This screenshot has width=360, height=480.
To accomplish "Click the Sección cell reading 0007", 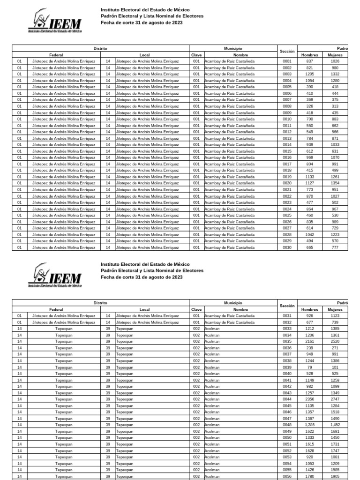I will (x=287, y=100).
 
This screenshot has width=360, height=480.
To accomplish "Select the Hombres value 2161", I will (x=309, y=342).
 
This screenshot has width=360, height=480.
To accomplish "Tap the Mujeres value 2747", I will (x=335, y=399).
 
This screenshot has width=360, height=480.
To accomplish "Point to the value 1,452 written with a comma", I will (x=335, y=425).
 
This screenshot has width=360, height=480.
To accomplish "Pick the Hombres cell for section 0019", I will (x=309, y=177).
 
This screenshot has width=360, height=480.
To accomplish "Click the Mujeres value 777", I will (x=335, y=247).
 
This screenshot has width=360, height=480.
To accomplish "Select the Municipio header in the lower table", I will (x=233, y=303).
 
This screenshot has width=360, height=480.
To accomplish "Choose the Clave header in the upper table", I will (x=196, y=55).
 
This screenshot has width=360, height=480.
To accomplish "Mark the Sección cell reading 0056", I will (x=287, y=476).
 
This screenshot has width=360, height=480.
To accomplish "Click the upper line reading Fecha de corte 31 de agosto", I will (x=142, y=22).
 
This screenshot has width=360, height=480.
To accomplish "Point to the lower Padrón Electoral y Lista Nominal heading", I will (x=152, y=270).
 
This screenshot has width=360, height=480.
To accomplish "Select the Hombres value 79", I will (x=309, y=367).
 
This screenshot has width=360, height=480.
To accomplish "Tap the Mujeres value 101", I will (x=335, y=367).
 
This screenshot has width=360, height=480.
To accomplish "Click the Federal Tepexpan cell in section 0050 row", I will (x=64, y=437).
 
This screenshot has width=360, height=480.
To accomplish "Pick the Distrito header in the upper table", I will (x=100, y=48).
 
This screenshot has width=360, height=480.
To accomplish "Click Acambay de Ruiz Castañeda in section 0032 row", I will (x=230, y=322).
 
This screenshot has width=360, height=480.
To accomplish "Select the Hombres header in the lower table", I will (x=309, y=309).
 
